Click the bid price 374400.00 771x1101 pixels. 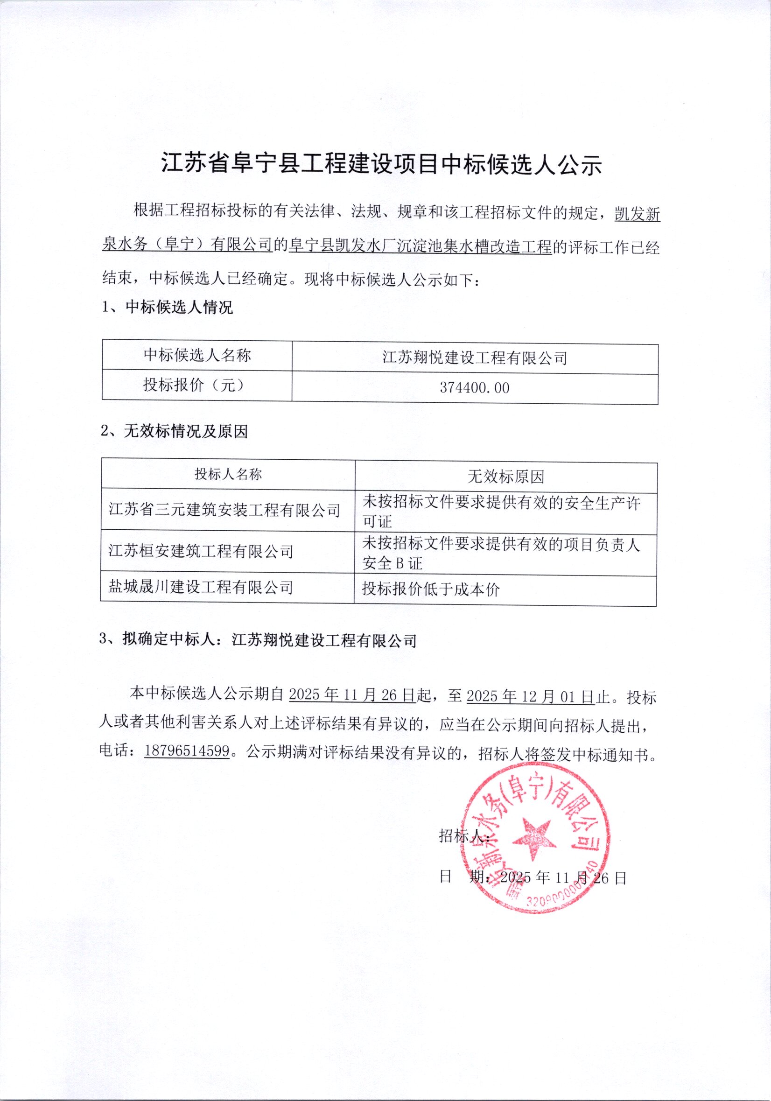point(474,387)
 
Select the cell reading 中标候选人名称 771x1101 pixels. point(197,355)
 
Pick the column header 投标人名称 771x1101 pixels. point(228,474)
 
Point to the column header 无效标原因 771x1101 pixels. point(506,477)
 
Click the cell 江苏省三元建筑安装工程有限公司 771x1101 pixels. point(224,510)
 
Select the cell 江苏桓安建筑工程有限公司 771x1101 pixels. point(201,551)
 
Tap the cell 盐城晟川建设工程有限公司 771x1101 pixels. point(200,587)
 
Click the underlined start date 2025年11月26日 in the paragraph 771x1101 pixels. point(352,695)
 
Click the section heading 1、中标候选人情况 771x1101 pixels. point(168,308)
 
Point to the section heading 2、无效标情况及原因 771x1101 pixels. point(174,432)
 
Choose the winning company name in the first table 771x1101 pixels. point(474,358)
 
